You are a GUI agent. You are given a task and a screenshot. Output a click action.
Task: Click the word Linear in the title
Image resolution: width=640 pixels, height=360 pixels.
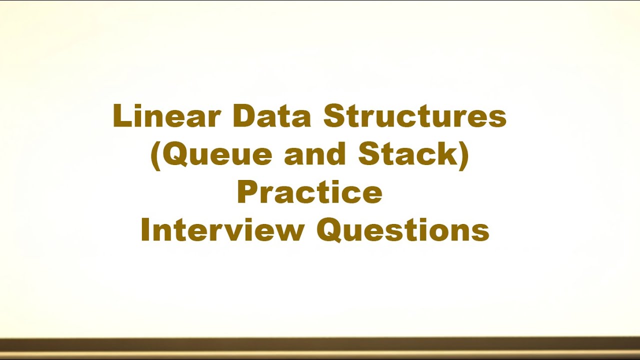166,117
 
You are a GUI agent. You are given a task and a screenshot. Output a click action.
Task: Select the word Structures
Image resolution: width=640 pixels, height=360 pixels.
415,117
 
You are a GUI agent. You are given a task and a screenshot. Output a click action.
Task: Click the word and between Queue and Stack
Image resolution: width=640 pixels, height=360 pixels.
315,155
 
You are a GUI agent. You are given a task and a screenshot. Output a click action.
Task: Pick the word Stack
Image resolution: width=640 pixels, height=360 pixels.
407,155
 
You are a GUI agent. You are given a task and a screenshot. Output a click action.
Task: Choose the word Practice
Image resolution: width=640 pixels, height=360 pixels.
309,193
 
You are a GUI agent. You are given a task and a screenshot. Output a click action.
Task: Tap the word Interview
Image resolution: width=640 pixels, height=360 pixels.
222,231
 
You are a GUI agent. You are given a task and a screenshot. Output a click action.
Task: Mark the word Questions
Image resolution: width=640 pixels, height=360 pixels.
402,231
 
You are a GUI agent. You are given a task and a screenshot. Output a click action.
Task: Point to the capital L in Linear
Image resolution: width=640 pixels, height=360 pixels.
121,117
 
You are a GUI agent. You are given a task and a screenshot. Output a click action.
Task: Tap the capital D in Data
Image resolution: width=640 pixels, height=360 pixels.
243,117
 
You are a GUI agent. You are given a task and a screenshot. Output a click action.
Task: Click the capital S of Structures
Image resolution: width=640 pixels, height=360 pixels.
334,117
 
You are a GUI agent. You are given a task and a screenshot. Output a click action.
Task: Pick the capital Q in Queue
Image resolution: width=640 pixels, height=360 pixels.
175,155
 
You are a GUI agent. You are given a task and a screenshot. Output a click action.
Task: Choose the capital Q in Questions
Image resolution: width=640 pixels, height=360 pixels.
329,231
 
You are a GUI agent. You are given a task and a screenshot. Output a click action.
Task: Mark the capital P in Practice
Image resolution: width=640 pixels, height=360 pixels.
248,193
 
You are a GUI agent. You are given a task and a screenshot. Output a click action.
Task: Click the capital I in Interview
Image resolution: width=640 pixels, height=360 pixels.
145,231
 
